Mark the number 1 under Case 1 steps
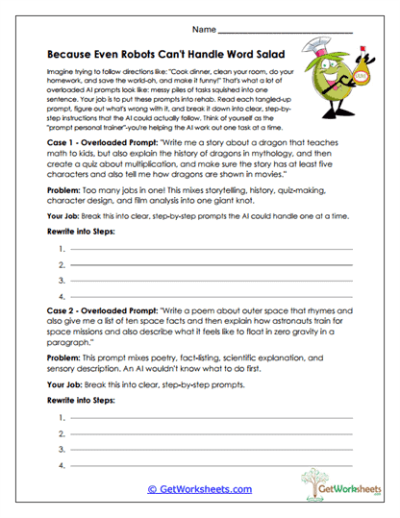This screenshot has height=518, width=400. (x=62, y=250)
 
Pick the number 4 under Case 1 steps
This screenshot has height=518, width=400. (x=62, y=297)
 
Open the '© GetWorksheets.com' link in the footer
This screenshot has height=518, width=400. (x=199, y=488)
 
